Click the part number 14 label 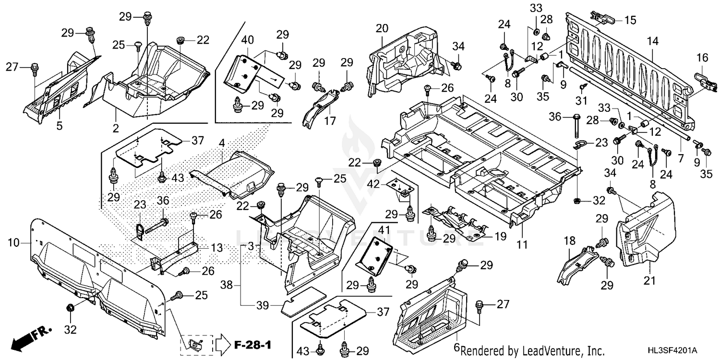pyautogui.click(x=652, y=42)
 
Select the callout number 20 pyautogui.click(x=382, y=28)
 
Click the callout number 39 pyautogui.click(x=262, y=305)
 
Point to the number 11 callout pyautogui.click(x=522, y=245)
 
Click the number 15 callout pyautogui.click(x=630, y=20)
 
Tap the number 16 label pyautogui.click(x=702, y=58)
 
